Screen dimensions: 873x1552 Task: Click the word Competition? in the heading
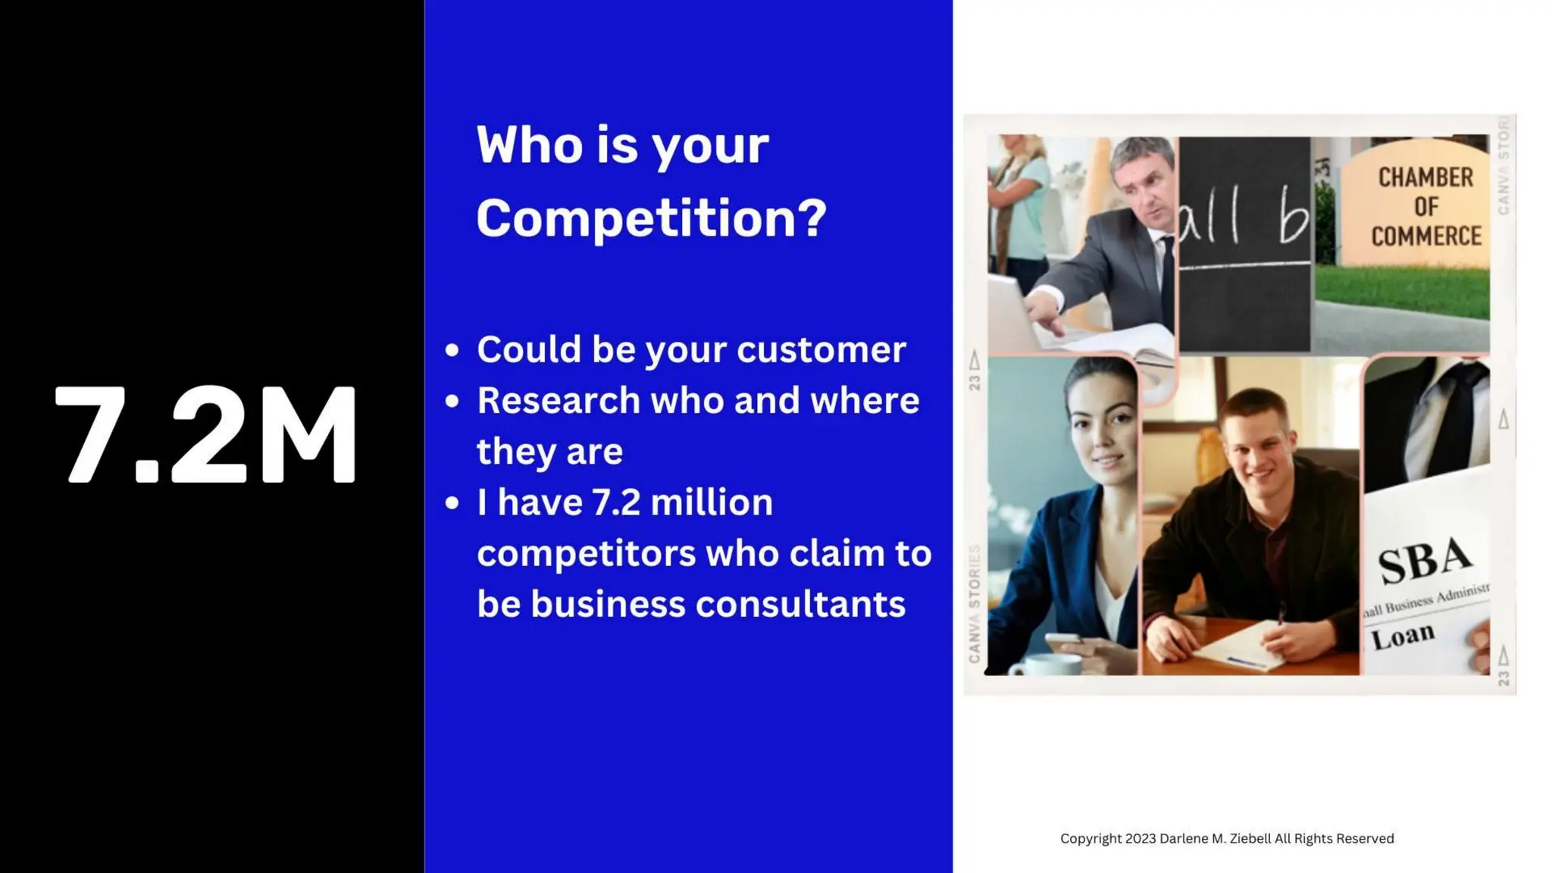[x=650, y=218]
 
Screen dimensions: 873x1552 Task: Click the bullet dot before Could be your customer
[x=452, y=350]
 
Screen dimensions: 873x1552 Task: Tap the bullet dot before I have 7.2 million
[x=452, y=503]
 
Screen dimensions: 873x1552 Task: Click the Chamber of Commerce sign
[x=1425, y=207]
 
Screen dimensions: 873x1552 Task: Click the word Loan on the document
[x=1402, y=636]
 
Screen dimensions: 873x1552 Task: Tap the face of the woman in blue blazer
[x=1099, y=432]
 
